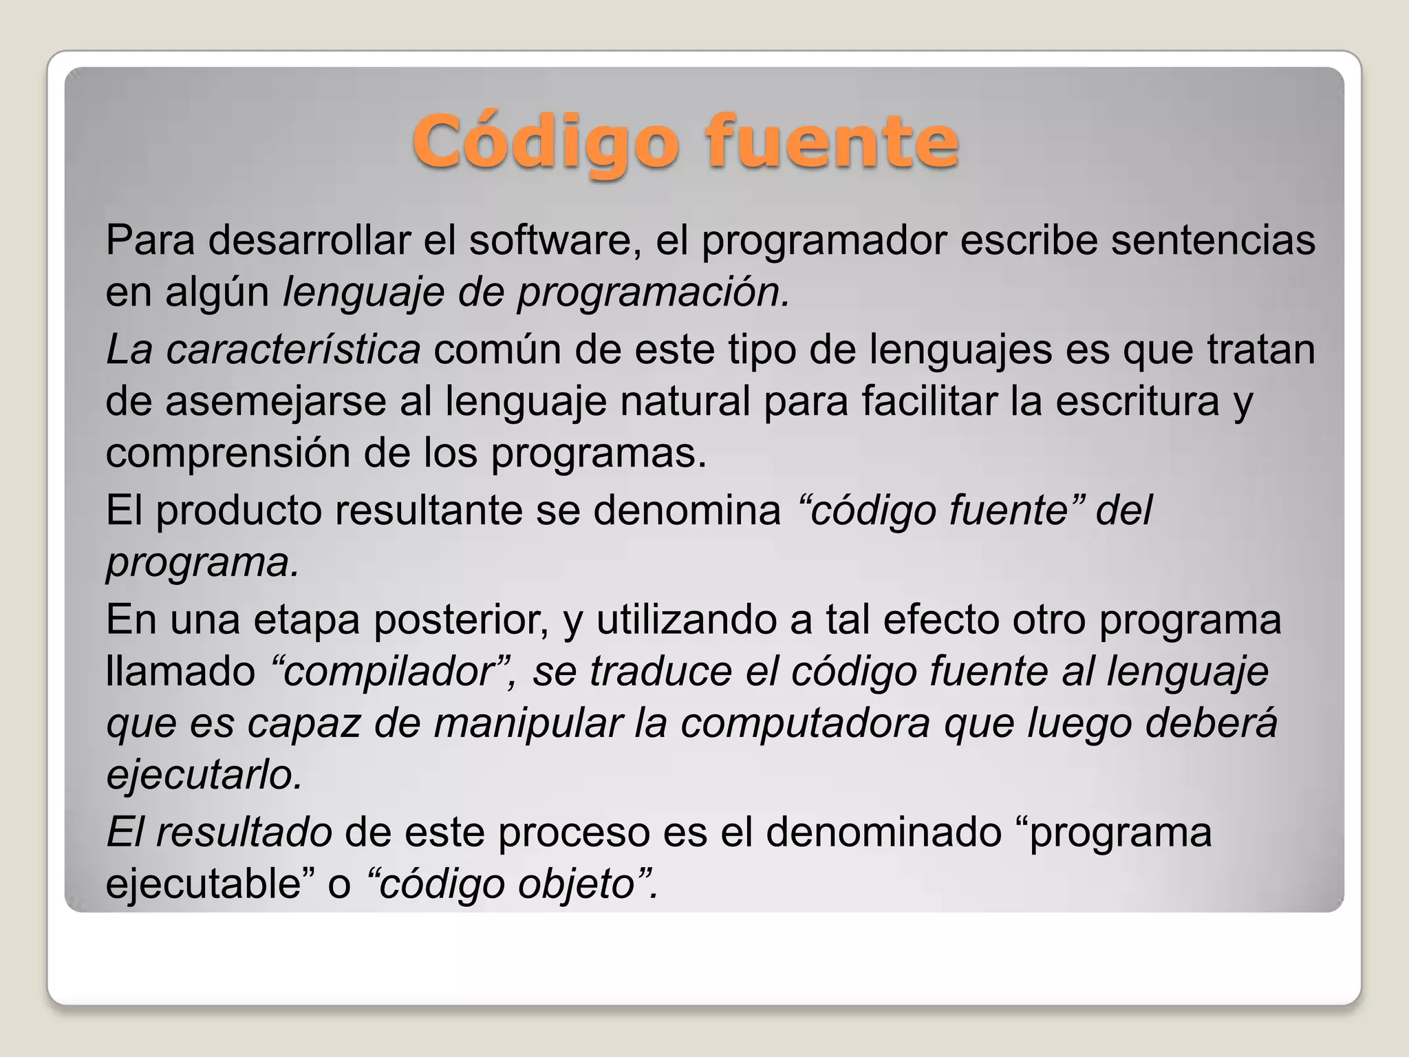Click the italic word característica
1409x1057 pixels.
tap(293, 349)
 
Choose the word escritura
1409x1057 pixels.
tap(1137, 401)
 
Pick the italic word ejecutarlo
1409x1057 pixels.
tap(204, 775)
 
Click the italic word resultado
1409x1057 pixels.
tap(244, 832)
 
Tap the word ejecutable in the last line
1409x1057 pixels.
tap(204, 884)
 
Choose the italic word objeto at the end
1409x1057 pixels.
tap(575, 884)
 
